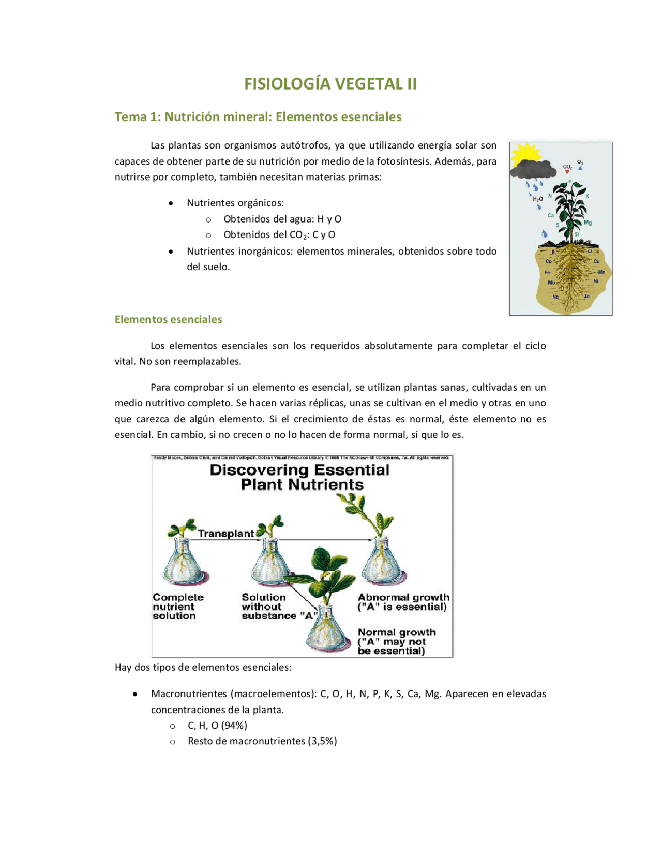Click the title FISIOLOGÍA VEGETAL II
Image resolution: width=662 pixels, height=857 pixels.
point(330,84)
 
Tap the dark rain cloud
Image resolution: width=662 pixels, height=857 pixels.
point(533,169)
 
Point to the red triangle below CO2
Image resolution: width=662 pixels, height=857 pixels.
point(567,172)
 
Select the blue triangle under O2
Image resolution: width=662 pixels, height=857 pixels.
point(580,168)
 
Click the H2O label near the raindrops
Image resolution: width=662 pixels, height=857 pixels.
point(537,199)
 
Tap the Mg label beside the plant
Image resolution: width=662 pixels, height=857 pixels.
point(588,223)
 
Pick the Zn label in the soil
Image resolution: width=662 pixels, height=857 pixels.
point(587,296)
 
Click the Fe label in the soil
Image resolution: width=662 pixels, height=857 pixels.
point(547,272)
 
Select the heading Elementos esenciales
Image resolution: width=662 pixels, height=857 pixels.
point(168,319)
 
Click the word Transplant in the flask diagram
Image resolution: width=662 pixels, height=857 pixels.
point(226,534)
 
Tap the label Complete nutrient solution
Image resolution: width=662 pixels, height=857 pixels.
point(177,606)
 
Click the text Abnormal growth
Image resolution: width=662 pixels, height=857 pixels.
point(403,597)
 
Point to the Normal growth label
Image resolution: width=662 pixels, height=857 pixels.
point(397,632)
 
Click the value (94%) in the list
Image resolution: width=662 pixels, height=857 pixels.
point(234,725)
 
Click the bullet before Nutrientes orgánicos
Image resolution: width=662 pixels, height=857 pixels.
point(171,203)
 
